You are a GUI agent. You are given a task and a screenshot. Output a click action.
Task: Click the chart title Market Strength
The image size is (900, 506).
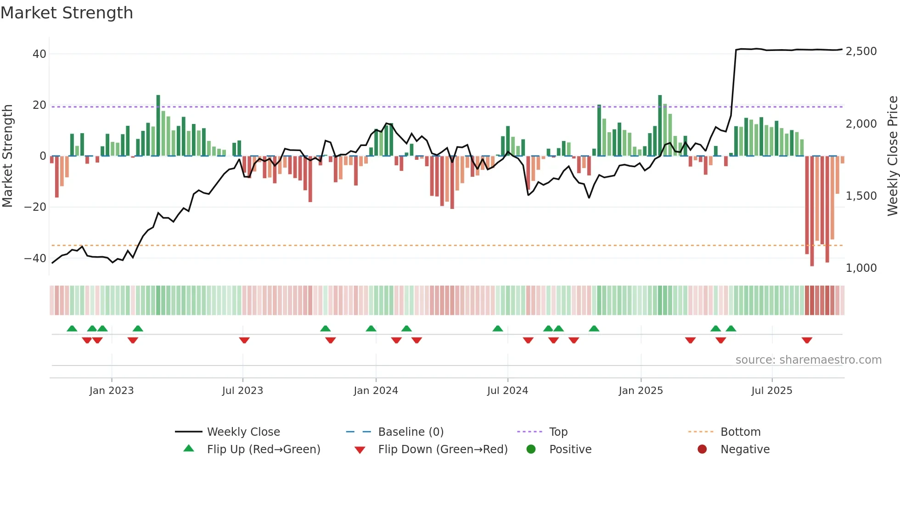click(x=67, y=13)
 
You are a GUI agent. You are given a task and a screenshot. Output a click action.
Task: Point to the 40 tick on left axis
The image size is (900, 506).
click(x=39, y=54)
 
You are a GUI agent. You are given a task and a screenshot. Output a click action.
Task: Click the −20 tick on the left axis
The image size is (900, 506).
click(x=36, y=207)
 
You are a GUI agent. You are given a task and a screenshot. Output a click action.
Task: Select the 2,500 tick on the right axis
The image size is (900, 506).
click(x=861, y=51)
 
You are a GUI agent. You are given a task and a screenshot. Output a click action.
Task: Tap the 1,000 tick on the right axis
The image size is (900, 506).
click(x=861, y=268)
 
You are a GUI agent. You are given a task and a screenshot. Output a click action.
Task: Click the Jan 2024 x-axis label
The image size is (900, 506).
click(x=376, y=391)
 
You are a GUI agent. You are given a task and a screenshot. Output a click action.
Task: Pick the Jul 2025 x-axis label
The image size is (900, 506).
click(x=771, y=391)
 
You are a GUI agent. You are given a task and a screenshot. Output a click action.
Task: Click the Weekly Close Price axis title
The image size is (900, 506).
click(x=892, y=156)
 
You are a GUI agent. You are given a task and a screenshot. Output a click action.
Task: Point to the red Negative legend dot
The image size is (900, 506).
click(x=702, y=450)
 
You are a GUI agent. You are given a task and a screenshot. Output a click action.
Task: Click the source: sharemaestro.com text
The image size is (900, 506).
click(x=808, y=360)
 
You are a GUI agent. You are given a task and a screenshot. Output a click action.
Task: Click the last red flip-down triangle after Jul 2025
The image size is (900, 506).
click(x=807, y=340)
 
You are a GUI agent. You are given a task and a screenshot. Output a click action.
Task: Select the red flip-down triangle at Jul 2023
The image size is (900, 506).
click(x=244, y=340)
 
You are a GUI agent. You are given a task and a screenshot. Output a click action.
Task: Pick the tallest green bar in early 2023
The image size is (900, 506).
click(x=158, y=125)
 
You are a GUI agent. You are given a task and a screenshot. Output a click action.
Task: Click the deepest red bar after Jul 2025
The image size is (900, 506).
click(x=812, y=211)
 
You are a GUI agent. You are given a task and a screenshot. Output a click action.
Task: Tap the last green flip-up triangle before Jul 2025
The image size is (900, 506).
click(x=731, y=328)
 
